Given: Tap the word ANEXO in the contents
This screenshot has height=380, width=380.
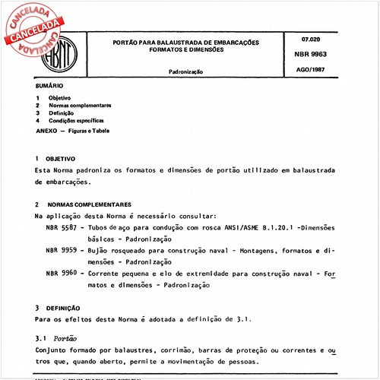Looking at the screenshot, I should coord(46,131).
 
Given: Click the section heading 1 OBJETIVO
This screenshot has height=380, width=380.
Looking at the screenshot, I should coord(57,158).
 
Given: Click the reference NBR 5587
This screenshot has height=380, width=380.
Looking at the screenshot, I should coord(61,227).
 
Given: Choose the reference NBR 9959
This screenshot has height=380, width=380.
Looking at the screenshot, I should coord(61,250).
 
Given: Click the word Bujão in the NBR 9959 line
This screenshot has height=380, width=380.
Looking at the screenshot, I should coord(97,250).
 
